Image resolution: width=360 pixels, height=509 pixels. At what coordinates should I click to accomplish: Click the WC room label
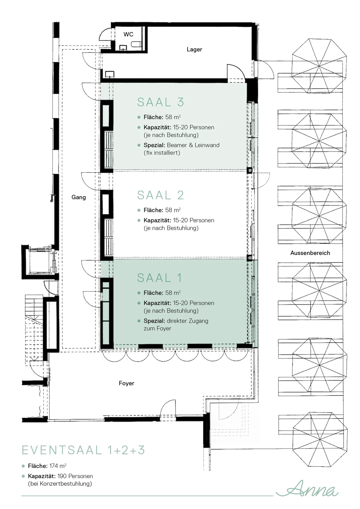pyautogui.click(x=128, y=34)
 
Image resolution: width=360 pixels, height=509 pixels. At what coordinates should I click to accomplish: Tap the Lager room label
pyautogui.click(x=194, y=50)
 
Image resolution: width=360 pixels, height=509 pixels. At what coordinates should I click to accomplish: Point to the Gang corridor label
pyautogui.click(x=79, y=197)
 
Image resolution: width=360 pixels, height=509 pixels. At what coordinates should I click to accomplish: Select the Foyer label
pyautogui.click(x=127, y=383)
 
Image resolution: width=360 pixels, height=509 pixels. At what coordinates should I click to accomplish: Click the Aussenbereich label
pyautogui.click(x=310, y=253)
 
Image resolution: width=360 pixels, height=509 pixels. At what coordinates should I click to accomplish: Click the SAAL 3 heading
pyautogui.click(x=161, y=102)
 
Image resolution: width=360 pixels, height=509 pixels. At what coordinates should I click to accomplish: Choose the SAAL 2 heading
pyautogui.click(x=161, y=195)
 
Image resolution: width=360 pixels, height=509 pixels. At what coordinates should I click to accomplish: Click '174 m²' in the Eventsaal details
pyautogui.click(x=58, y=466)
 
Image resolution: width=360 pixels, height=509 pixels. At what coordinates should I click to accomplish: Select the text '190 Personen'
pyautogui.click(x=75, y=476)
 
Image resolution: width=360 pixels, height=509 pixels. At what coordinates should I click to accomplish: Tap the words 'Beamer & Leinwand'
pyautogui.click(x=193, y=145)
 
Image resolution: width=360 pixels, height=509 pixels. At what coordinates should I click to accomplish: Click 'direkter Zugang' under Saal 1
pyautogui.click(x=188, y=321)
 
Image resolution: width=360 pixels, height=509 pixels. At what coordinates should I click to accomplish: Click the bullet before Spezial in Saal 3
pyautogui.click(x=139, y=145)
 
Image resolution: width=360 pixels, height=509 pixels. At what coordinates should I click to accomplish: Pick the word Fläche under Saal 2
pyautogui.click(x=153, y=210)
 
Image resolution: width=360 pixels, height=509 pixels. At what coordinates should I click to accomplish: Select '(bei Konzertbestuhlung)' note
pyautogui.click(x=60, y=484)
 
